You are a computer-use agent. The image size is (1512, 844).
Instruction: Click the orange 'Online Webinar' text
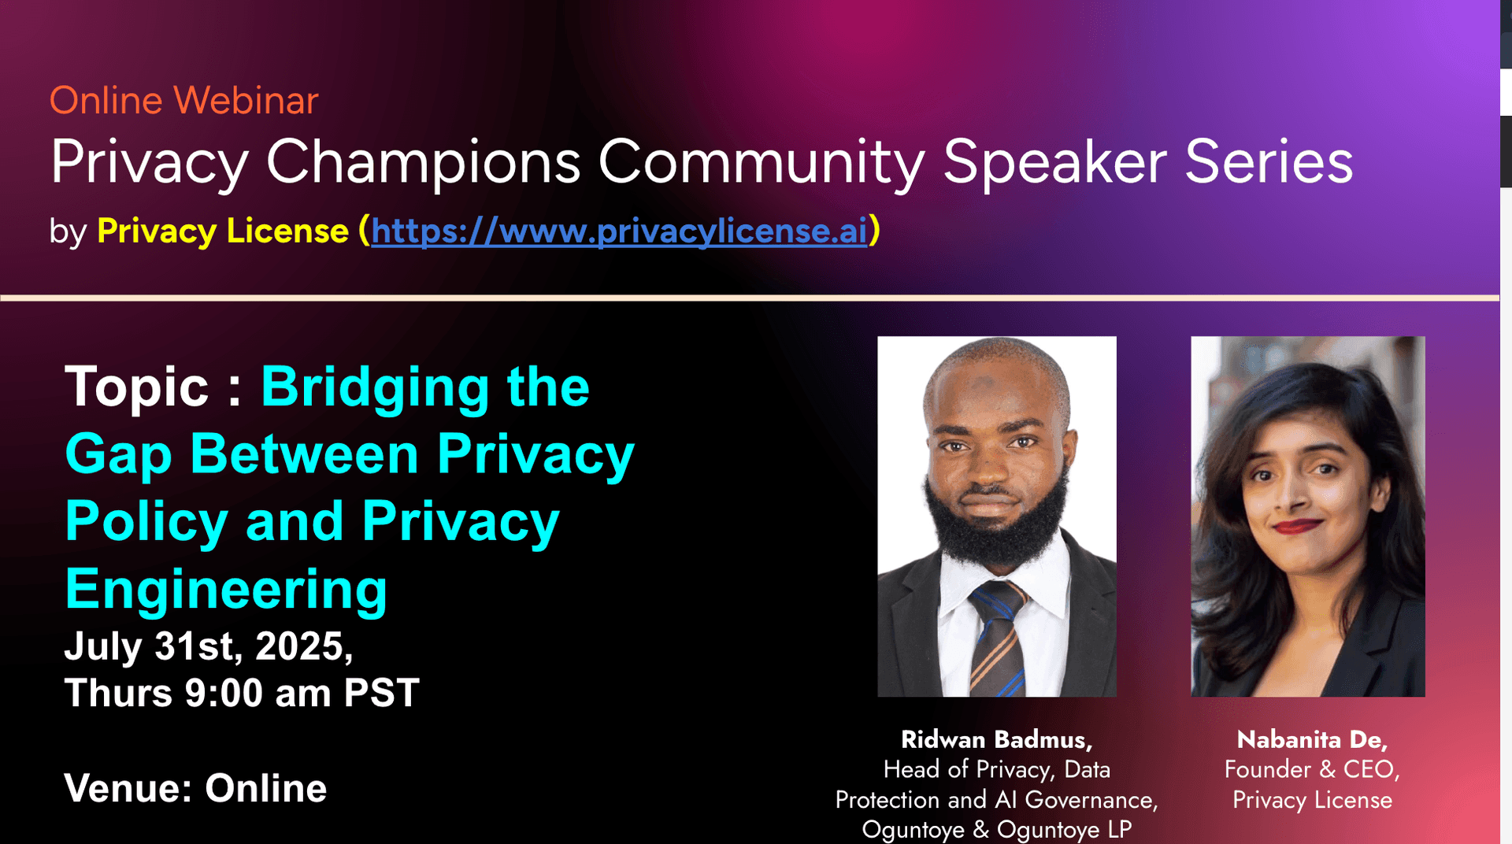pyautogui.click(x=183, y=101)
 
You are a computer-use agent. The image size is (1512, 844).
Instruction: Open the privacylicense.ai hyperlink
pyautogui.click(x=619, y=231)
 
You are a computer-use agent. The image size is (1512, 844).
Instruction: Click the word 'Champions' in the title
pyautogui.click(x=423, y=163)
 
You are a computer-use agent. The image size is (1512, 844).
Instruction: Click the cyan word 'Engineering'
pyautogui.click(x=226, y=590)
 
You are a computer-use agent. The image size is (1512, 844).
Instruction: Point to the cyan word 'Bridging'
pyautogui.click(x=376, y=388)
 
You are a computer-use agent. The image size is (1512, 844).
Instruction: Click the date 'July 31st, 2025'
pyautogui.click(x=208, y=646)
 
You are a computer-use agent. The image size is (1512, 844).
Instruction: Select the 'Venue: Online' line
pyautogui.click(x=195, y=788)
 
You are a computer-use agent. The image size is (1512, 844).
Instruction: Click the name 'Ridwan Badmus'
pyautogui.click(x=996, y=739)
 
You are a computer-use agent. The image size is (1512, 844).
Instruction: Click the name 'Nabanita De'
pyautogui.click(x=1312, y=739)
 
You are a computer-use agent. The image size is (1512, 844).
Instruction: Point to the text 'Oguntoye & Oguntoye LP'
pyautogui.click(x=997, y=829)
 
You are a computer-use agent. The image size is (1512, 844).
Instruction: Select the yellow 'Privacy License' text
pyautogui.click(x=223, y=231)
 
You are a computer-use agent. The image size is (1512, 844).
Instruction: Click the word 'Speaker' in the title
pyautogui.click(x=1055, y=162)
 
